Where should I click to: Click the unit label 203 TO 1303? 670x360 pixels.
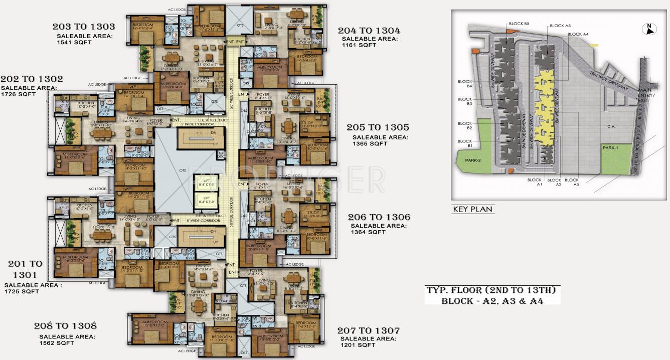coord(84,27)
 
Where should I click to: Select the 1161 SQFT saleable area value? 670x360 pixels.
coord(359,45)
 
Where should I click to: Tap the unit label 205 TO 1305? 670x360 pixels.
coord(378,127)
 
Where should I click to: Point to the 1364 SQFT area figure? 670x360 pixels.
coord(368,232)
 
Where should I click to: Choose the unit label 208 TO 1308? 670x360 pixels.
coord(65,326)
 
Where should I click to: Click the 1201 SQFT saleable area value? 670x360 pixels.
coord(358,345)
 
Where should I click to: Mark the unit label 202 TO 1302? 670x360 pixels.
coord(32,79)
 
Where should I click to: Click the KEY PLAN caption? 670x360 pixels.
coord(472,209)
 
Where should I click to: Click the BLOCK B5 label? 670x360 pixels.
coord(519,24)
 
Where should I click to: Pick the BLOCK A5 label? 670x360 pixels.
coord(560,26)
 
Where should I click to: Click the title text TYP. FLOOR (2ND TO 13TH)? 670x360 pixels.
coord(492,290)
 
